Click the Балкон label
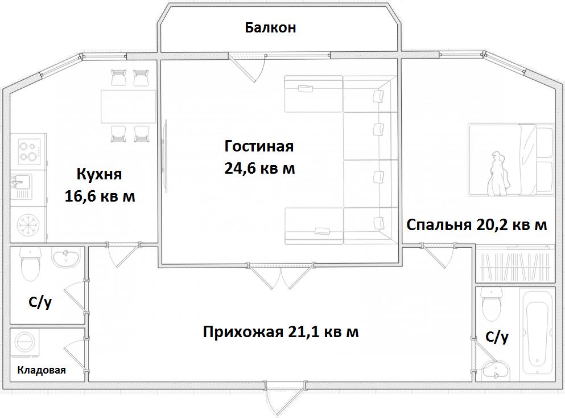[x=271, y=28]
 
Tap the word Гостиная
[x=259, y=146]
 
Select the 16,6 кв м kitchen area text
[x=100, y=196]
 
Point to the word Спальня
[x=439, y=225]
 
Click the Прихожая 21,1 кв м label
[x=281, y=332]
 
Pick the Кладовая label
[x=42, y=370]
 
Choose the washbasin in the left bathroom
[x=67, y=257]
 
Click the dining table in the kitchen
[x=128, y=106]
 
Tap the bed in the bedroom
[x=512, y=160]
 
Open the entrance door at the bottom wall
[x=284, y=397]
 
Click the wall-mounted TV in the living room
[x=166, y=155]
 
